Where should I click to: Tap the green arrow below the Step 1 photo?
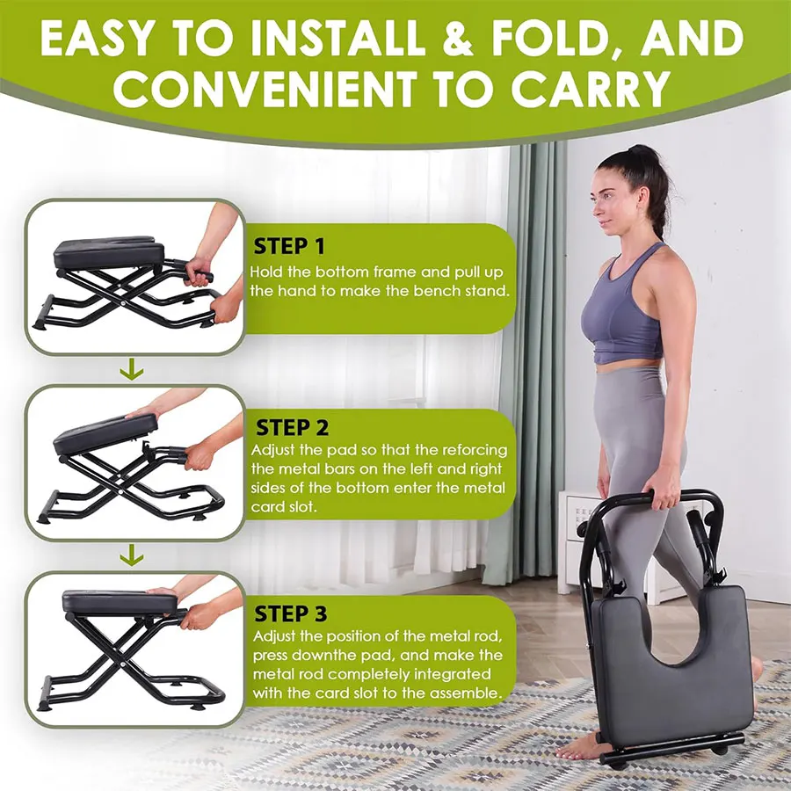point(132,370)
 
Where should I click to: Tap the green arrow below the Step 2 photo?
point(132,555)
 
